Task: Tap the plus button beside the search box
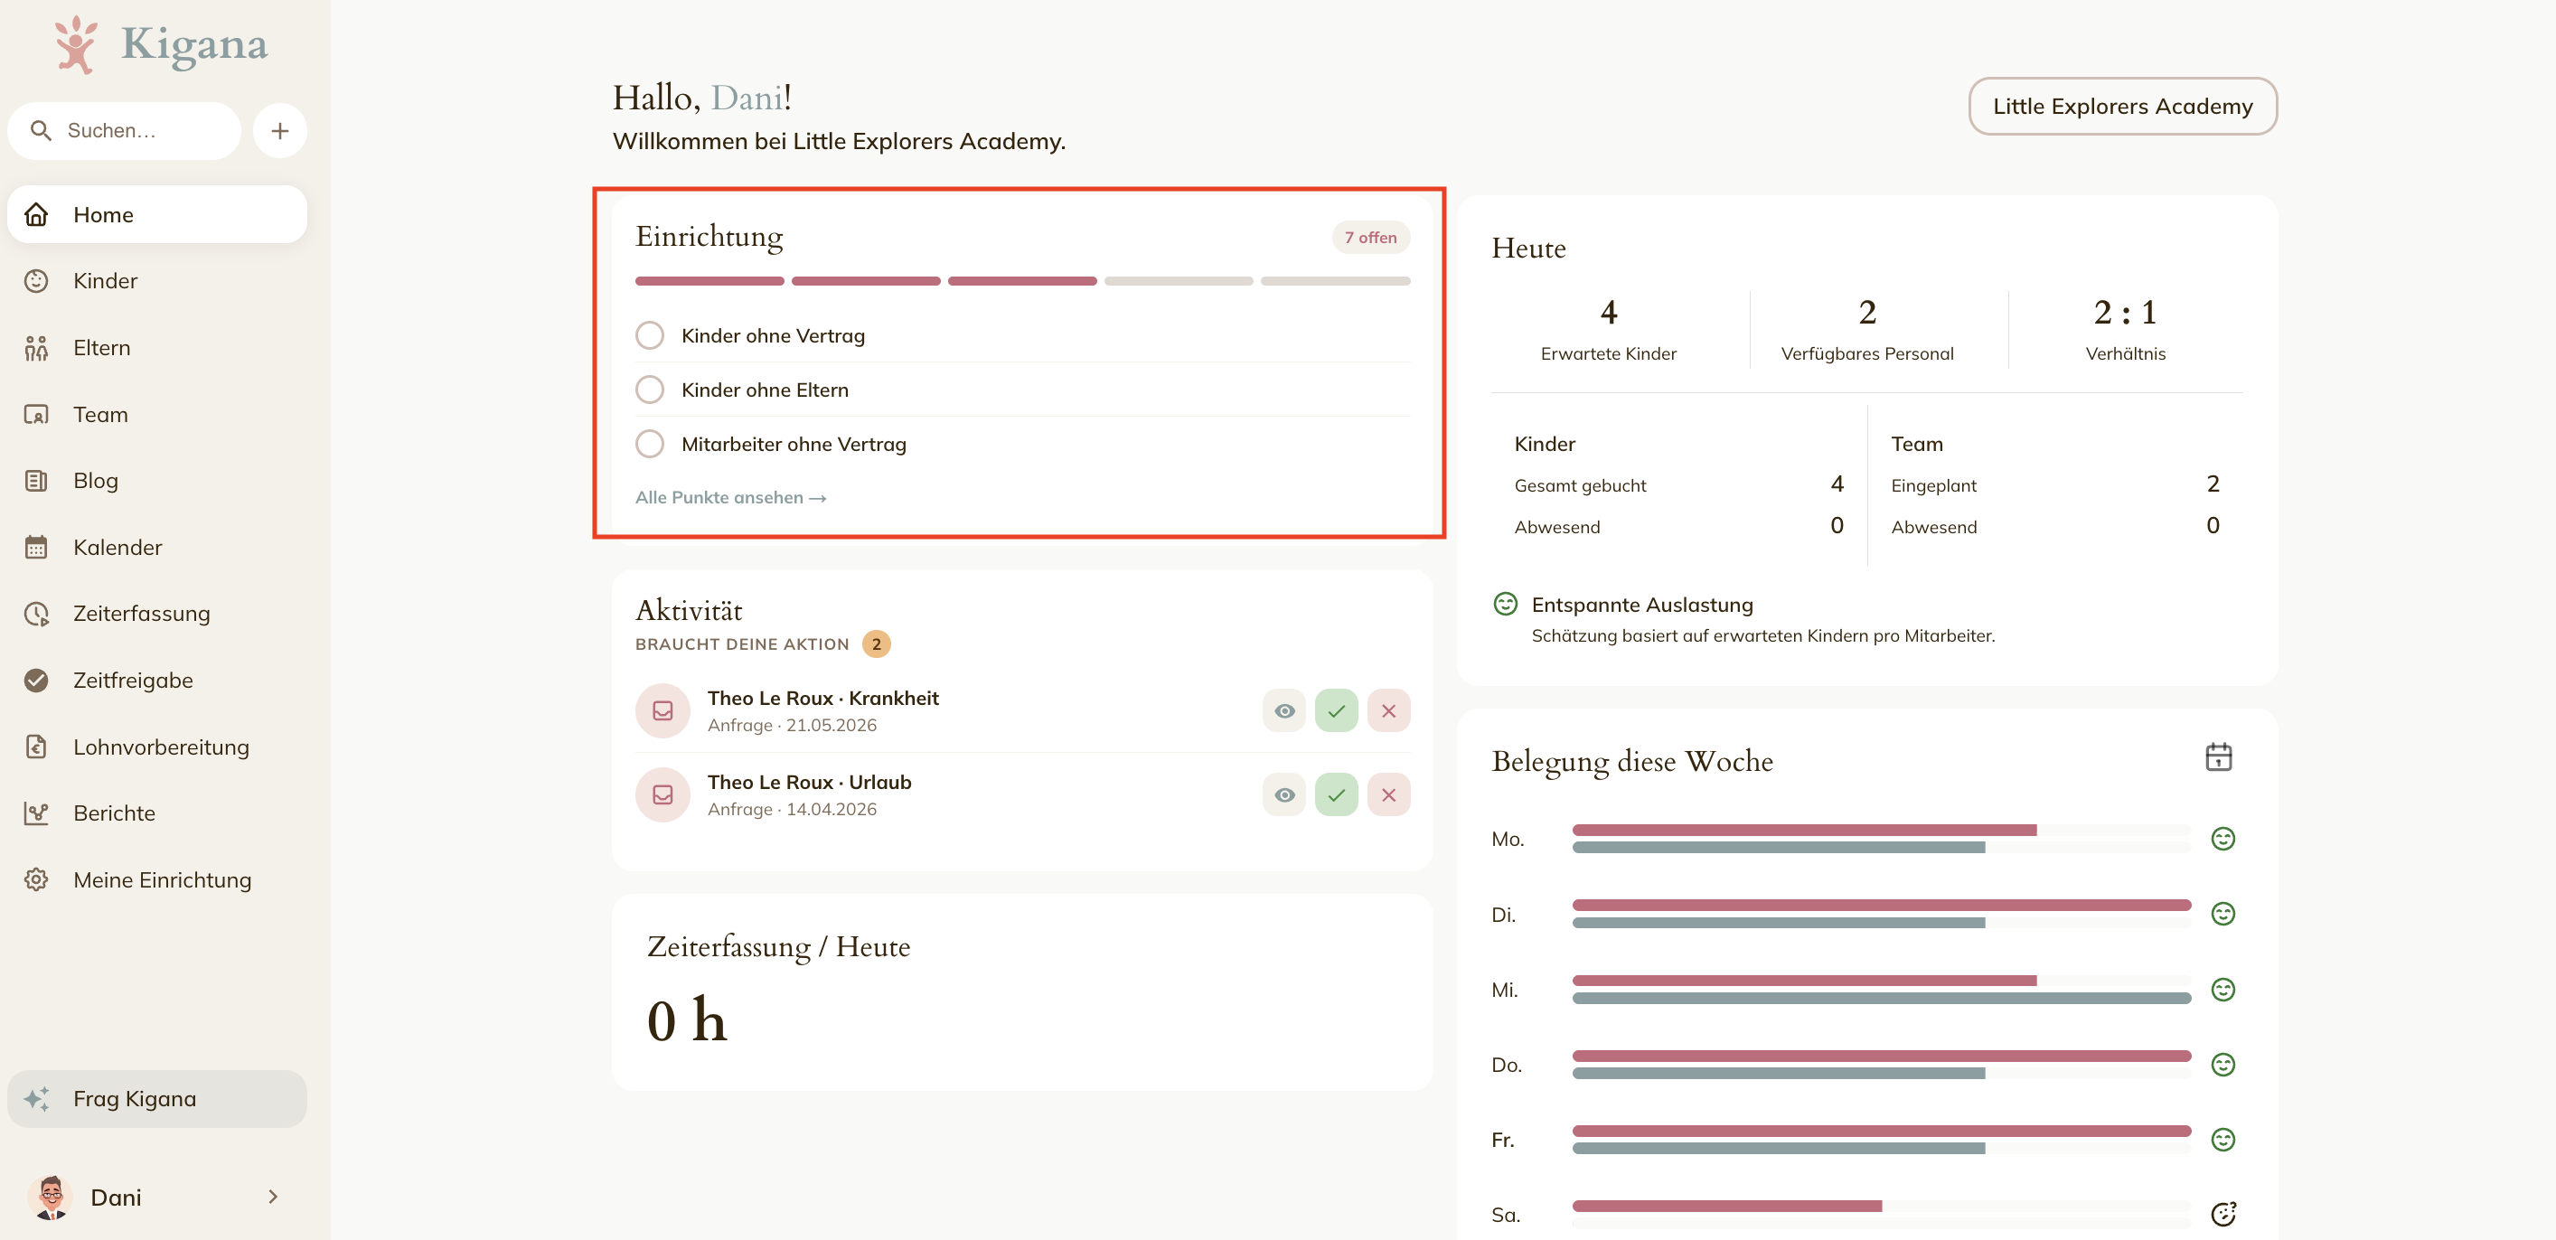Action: click(280, 131)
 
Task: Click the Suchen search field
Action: click(125, 131)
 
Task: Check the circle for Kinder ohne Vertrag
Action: click(650, 335)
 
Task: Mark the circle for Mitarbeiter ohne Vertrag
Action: click(650, 444)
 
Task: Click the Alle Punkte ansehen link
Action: click(730, 497)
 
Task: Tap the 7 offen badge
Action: click(1370, 237)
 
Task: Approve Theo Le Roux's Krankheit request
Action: click(1337, 710)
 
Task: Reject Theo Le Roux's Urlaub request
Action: click(1388, 794)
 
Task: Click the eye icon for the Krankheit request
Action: click(1284, 710)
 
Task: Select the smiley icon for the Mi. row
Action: click(2222, 989)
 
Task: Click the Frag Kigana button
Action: click(156, 1098)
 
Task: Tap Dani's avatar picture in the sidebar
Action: click(52, 1197)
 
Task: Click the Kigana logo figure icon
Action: click(75, 44)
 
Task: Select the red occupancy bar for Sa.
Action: click(1726, 1207)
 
